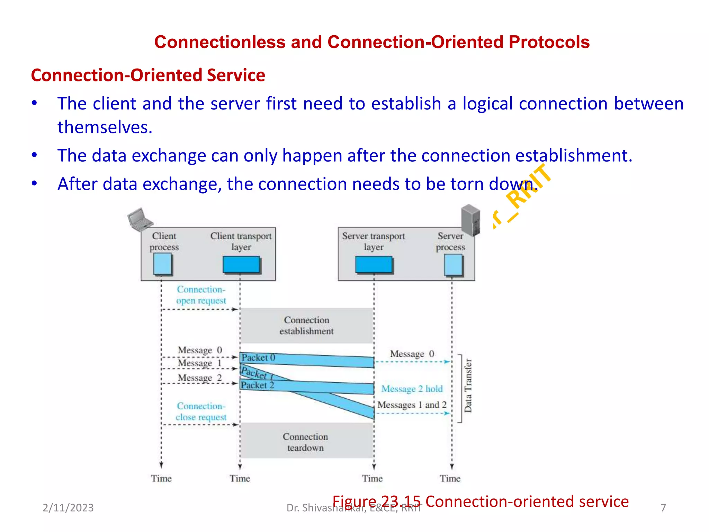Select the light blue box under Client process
coord(162,264)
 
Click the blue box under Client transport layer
coord(241,265)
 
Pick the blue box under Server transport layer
coord(374,265)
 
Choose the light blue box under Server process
coord(453,265)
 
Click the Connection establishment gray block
coord(306,326)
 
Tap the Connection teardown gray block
coord(306,442)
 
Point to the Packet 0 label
coord(258,357)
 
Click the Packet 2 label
coord(258,385)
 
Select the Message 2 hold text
coord(412,389)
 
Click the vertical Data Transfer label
coord(468,385)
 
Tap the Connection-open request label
coord(201,295)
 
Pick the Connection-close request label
coord(201,411)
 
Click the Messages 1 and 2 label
coord(412,405)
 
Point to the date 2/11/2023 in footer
coord(68,508)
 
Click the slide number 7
coord(663,508)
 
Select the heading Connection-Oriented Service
coord(148,75)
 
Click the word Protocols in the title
coord(549,42)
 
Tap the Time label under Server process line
coord(450,478)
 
